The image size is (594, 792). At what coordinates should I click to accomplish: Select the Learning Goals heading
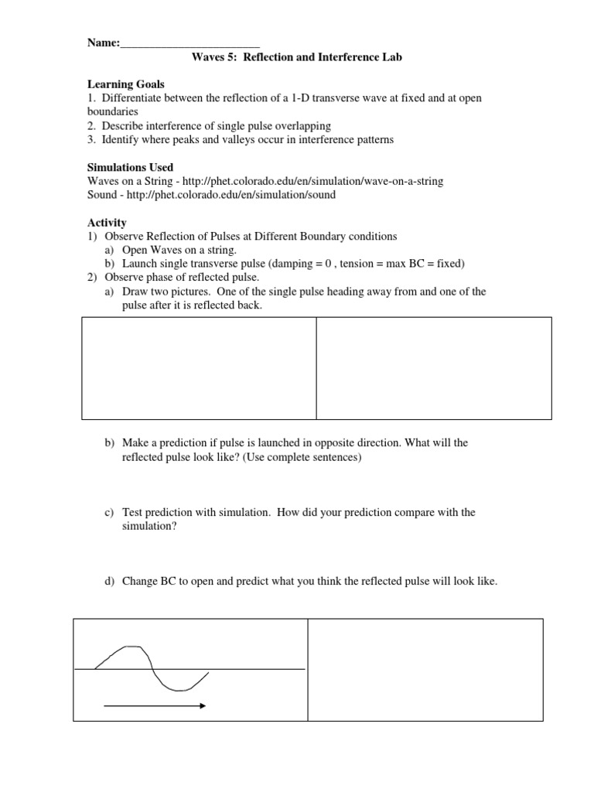pyautogui.click(x=125, y=84)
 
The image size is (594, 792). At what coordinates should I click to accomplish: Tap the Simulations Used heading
pyautogui.click(x=130, y=167)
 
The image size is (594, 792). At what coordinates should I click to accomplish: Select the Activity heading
pyautogui.click(x=107, y=223)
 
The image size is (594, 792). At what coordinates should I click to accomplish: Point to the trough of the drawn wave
pyautogui.click(x=179, y=689)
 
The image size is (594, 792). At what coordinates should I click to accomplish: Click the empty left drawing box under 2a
pyautogui.click(x=199, y=368)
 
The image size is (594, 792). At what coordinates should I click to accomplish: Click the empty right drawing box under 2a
pyautogui.click(x=433, y=368)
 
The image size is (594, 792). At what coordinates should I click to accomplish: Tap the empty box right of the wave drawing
pyautogui.click(x=425, y=669)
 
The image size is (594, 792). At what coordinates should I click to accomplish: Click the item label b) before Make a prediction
pyautogui.click(x=109, y=443)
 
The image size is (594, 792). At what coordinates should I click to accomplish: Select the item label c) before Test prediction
pyautogui.click(x=109, y=513)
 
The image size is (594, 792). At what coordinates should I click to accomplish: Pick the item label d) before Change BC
pyautogui.click(x=109, y=582)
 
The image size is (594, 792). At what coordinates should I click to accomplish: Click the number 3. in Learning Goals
pyautogui.click(x=91, y=139)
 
